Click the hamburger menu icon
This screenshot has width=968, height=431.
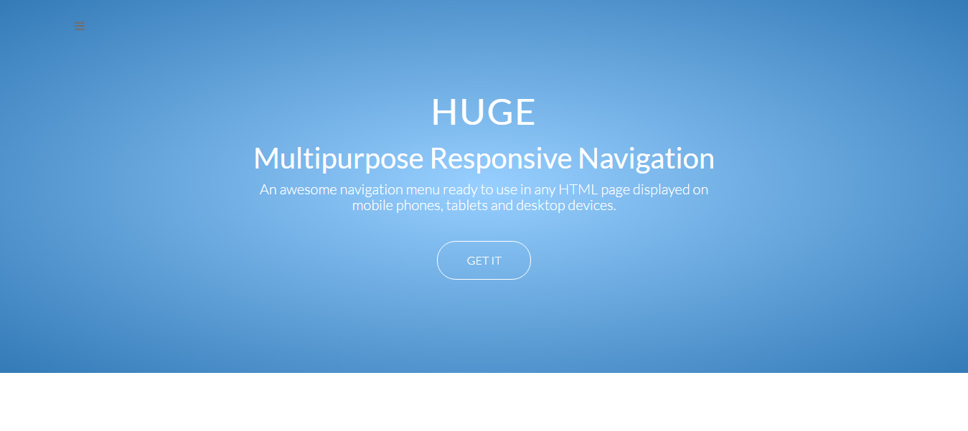pyautogui.click(x=80, y=26)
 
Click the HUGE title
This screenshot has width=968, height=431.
pyautogui.click(x=484, y=112)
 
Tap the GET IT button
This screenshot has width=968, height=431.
pyautogui.click(x=484, y=260)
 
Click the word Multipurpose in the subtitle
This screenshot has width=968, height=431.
pyautogui.click(x=339, y=159)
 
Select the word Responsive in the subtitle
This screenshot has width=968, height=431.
pyautogui.click(x=501, y=158)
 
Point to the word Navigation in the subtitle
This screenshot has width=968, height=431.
pyautogui.click(x=646, y=159)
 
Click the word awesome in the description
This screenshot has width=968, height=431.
pyautogui.click(x=308, y=189)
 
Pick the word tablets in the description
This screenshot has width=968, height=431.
pyautogui.click(x=466, y=205)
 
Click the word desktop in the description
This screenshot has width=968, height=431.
pyautogui.click(x=540, y=206)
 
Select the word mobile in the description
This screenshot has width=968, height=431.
pyautogui.click(x=372, y=205)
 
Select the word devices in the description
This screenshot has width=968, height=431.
pyautogui.click(x=592, y=205)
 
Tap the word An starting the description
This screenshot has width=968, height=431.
pyautogui.click(x=268, y=189)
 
